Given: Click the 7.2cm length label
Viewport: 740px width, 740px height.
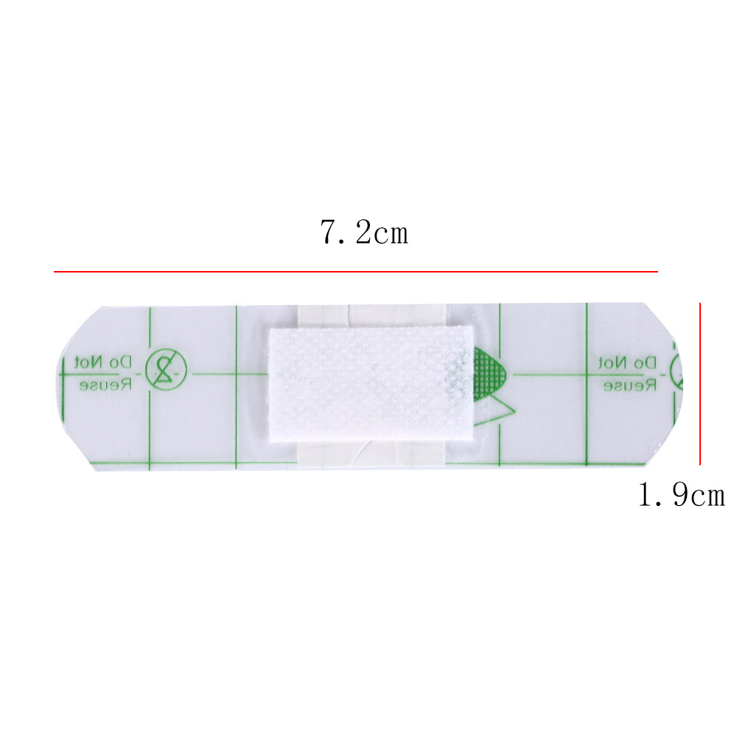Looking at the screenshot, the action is pos(364,232).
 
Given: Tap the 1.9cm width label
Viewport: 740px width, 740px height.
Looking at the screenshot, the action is pos(681,495).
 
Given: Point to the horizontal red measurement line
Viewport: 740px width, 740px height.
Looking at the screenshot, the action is pos(355,272).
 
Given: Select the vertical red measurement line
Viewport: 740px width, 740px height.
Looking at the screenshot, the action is pos(700,384).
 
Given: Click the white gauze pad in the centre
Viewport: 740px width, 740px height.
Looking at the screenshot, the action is pos(371,384).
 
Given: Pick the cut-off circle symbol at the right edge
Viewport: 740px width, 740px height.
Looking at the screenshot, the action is pos(677,371).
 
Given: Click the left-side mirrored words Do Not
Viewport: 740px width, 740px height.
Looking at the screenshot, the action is pos(103,363).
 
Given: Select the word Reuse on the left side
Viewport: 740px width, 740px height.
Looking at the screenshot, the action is pos(105,385).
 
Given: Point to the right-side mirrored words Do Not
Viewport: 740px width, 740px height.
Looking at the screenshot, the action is pos(627,363).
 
